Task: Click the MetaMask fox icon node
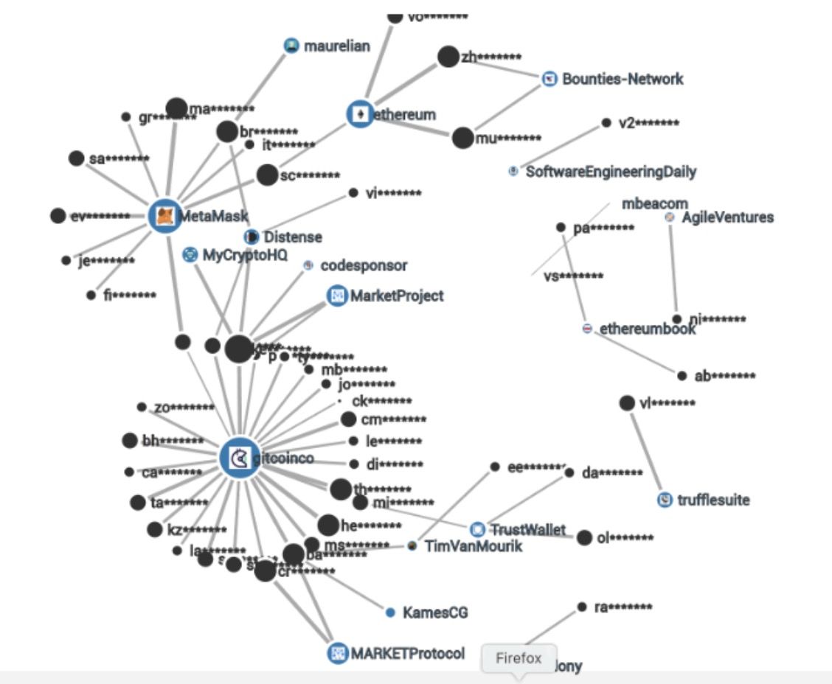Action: click(166, 216)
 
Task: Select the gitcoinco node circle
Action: click(240, 458)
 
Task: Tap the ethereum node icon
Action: click(361, 114)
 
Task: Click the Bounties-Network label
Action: click(623, 79)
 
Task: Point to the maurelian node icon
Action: click(292, 46)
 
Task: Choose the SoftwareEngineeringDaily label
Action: click(611, 172)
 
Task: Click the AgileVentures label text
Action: click(727, 217)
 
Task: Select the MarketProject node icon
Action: click(337, 296)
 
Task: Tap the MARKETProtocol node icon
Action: click(338, 653)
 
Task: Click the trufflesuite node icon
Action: click(665, 500)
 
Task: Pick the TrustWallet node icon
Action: click(478, 529)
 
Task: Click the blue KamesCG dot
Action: click(391, 612)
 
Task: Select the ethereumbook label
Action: click(647, 329)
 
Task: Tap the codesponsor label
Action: click(364, 265)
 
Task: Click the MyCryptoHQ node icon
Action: click(190, 255)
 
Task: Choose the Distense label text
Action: click(293, 237)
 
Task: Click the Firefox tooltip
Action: click(518, 658)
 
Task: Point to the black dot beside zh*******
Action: click(448, 57)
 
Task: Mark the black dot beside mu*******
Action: click(462, 138)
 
